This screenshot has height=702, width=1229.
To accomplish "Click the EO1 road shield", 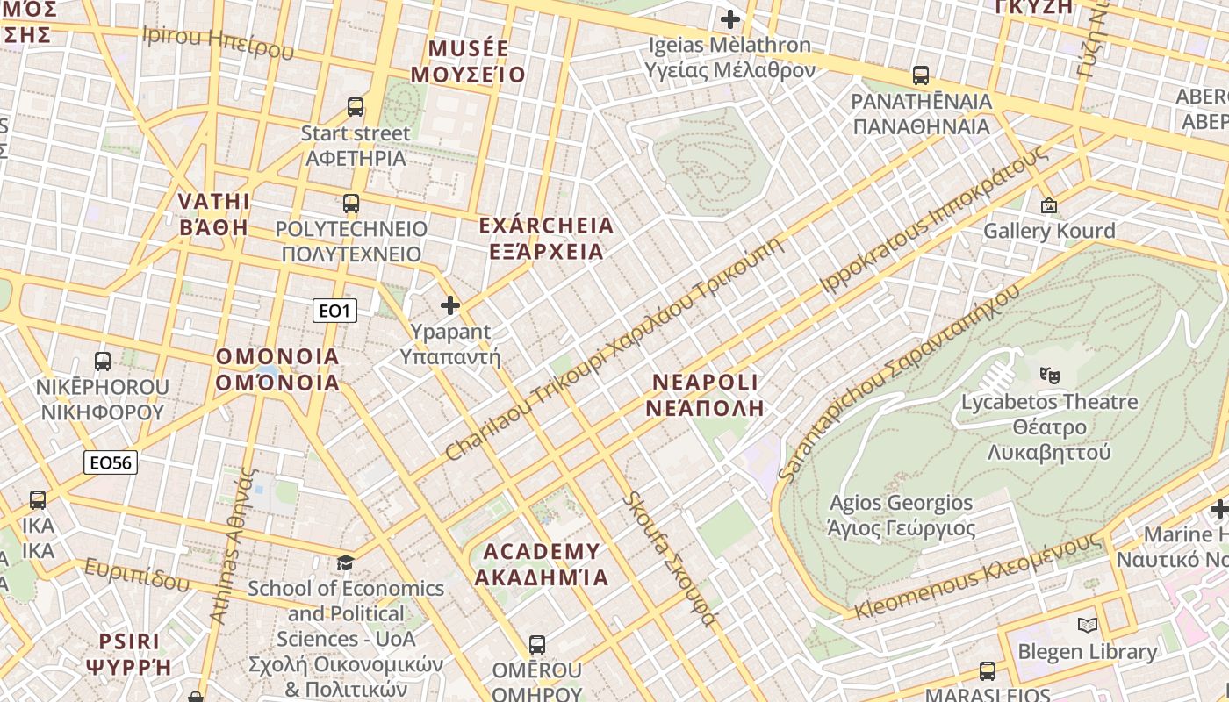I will [334, 311].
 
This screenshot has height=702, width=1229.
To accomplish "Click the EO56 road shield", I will [111, 462].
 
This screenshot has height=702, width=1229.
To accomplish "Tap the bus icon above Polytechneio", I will [351, 204].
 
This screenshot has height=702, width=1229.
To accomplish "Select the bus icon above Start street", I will [356, 107].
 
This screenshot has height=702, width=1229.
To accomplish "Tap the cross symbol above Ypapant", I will [450, 305].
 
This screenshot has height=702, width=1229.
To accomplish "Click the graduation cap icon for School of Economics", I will [346, 562].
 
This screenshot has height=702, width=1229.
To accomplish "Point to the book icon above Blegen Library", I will [1088, 626].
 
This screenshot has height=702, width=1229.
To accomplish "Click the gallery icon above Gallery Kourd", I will [1048, 205].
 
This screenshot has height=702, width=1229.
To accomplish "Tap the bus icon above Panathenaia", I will [921, 75].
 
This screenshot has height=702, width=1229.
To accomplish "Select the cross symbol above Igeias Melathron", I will [730, 18].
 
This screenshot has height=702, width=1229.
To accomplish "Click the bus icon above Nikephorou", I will [103, 361].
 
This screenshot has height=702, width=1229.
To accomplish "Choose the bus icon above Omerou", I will [537, 645].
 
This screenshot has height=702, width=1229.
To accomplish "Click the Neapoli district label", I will [706, 395].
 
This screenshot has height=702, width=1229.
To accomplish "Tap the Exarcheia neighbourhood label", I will [546, 239].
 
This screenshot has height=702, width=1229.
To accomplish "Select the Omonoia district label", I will [277, 369].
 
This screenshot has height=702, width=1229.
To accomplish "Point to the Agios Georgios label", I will [902, 515].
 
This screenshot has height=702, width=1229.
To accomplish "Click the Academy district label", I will [542, 564].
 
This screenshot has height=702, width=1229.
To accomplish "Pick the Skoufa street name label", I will [669, 559].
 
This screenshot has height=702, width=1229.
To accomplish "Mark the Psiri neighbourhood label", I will [129, 653].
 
